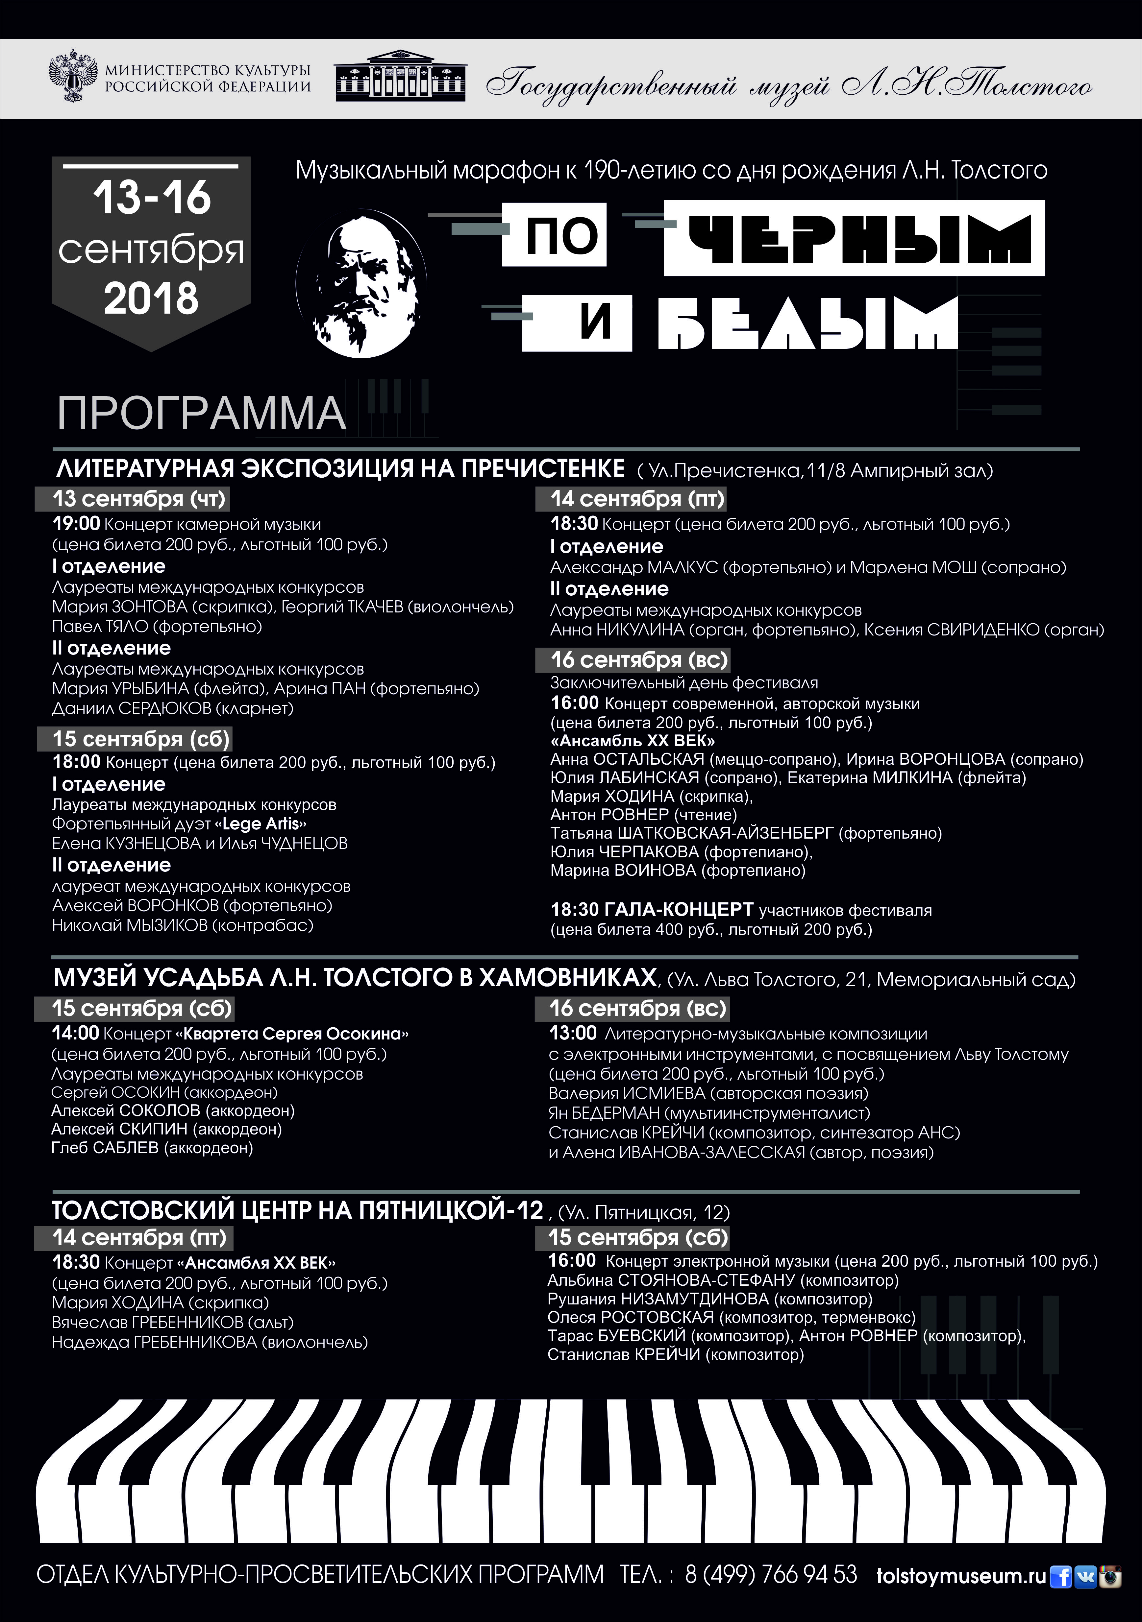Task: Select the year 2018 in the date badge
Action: (x=151, y=299)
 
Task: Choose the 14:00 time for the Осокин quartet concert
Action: (x=75, y=1034)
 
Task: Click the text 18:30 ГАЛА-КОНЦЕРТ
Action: (x=652, y=910)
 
